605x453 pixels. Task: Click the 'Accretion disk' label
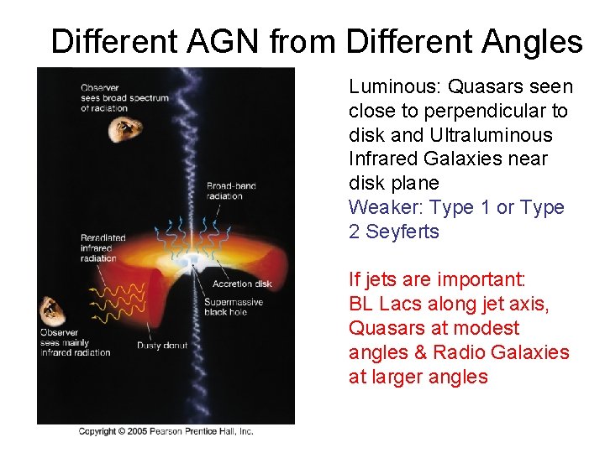242,284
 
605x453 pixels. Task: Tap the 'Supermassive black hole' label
233,307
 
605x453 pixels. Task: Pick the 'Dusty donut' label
161,345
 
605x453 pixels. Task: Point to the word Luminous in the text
394,86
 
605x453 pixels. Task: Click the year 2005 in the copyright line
134,431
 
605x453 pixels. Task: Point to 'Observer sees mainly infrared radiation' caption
75,342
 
